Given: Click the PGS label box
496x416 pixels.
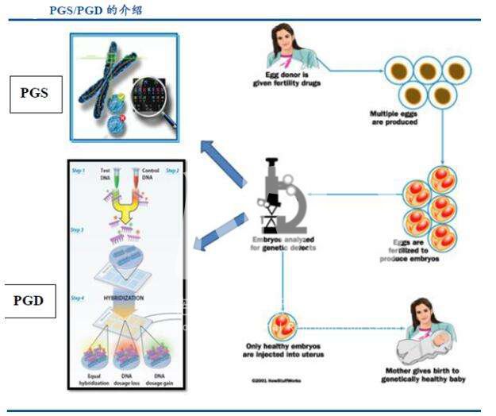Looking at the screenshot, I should tap(35, 93).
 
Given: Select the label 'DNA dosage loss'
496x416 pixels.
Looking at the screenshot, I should tap(125, 377).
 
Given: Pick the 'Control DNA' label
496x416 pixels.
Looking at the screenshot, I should tap(150, 173).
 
